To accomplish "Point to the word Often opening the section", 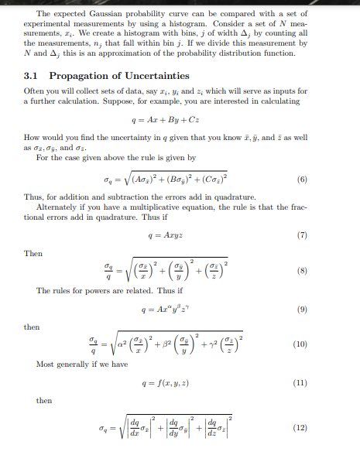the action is coord(34,91).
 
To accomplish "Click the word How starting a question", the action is coord(33,138).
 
